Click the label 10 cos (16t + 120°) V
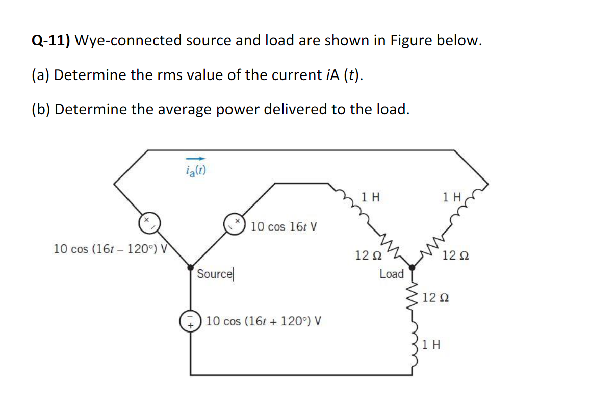tap(264, 322)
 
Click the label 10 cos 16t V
tap(284, 226)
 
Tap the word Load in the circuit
tap(392, 274)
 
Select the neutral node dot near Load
tap(412, 266)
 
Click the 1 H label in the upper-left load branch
tap(371, 197)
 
